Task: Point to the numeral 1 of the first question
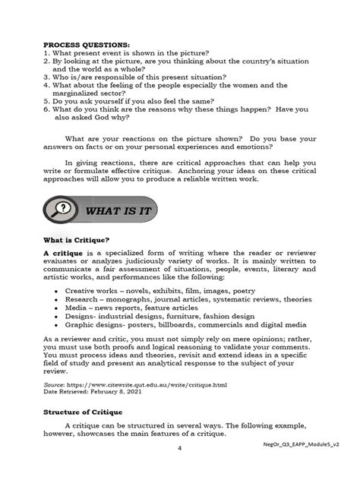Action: coord(47,55)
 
